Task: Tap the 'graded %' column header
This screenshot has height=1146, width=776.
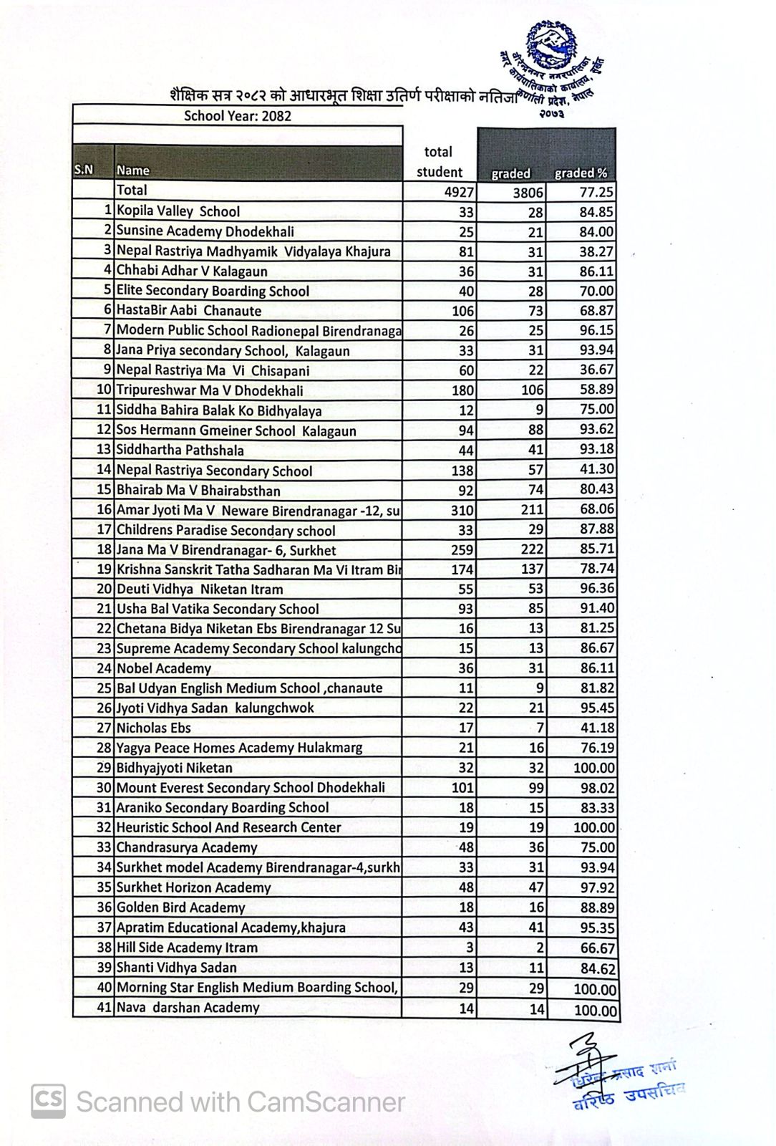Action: pyautogui.click(x=581, y=173)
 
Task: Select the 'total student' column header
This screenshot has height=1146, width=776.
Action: pyautogui.click(x=439, y=162)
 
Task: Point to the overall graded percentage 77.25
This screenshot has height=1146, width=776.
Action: pyautogui.click(x=596, y=192)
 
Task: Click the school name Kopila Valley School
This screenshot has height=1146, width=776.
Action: pyautogui.click(x=178, y=211)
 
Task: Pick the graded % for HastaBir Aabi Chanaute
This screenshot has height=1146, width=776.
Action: pyautogui.click(x=596, y=311)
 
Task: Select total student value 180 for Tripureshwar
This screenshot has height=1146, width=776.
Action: pyautogui.click(x=463, y=390)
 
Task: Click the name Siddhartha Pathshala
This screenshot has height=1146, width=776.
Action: pyautogui.click(x=180, y=451)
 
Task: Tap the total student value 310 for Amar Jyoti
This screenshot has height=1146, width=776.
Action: pyautogui.click(x=463, y=510)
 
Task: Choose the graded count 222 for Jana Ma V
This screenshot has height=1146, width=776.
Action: pyautogui.click(x=532, y=550)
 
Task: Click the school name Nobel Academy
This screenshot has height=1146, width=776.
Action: pyautogui.click(x=164, y=668)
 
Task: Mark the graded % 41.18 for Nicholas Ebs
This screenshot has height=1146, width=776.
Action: pyautogui.click(x=596, y=728)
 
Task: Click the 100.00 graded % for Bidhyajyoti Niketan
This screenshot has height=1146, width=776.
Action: pyautogui.click(x=593, y=769)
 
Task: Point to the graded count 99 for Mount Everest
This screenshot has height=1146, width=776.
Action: pyautogui.click(x=535, y=788)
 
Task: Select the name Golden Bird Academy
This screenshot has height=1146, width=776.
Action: pyautogui.click(x=181, y=907)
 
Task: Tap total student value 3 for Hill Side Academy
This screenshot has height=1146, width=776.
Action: pyautogui.click(x=470, y=948)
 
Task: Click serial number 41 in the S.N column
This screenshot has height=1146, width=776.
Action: pyautogui.click(x=105, y=1007)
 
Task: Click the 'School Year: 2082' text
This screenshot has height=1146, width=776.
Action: pyautogui.click(x=238, y=116)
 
